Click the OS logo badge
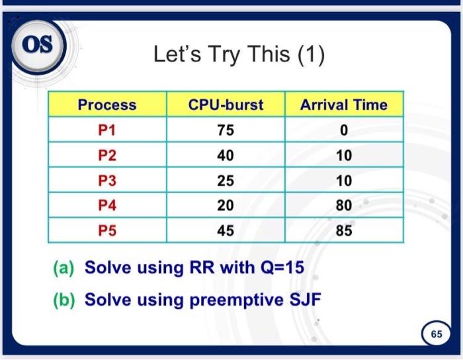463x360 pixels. (38, 46)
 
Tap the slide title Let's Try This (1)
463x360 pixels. (239, 55)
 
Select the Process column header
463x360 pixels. (107, 105)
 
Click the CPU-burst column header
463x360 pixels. (226, 105)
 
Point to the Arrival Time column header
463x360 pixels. (344, 105)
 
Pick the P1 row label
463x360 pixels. (106, 130)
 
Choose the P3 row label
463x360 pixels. (107, 181)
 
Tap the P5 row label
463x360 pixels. (107, 231)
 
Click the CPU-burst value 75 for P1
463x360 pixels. (226, 130)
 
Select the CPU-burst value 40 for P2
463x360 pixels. (226, 156)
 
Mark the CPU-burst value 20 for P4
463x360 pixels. (226, 206)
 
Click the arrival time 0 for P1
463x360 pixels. (344, 130)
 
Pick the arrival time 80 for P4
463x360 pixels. (344, 206)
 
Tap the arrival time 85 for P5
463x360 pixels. (344, 231)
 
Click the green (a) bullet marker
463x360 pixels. (63, 268)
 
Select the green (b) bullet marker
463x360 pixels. (63, 300)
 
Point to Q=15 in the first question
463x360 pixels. (282, 267)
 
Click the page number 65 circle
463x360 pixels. (437, 334)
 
